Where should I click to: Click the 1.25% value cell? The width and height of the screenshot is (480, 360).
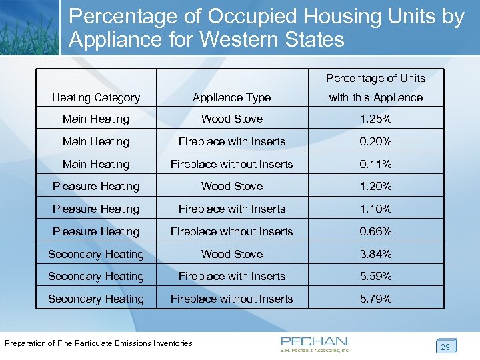375,119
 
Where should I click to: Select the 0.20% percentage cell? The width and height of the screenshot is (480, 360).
375,141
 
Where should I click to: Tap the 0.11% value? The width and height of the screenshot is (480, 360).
375,164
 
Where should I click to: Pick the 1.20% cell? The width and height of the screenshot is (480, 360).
375,187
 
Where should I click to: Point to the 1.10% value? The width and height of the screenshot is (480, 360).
375,209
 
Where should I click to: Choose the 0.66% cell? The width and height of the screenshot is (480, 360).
375,231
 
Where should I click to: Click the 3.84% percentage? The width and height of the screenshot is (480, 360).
375,254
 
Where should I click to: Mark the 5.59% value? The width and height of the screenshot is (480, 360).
375,276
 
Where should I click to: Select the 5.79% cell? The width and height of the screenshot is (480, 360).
375,299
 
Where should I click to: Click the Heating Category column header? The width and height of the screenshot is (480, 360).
96,97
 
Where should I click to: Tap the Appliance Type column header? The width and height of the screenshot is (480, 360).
231,97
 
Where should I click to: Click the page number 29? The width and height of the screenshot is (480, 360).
445,347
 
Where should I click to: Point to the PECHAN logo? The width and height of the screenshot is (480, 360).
315,343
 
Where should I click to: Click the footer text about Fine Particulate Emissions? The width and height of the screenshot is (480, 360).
99,343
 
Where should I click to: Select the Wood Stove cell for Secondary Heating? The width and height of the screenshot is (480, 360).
231,254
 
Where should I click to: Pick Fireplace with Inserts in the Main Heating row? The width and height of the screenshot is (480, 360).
231,141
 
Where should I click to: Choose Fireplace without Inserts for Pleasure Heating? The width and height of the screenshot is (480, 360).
231,231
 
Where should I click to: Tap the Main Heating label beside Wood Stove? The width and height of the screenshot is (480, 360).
96,119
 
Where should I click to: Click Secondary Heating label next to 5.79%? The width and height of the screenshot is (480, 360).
96,299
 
